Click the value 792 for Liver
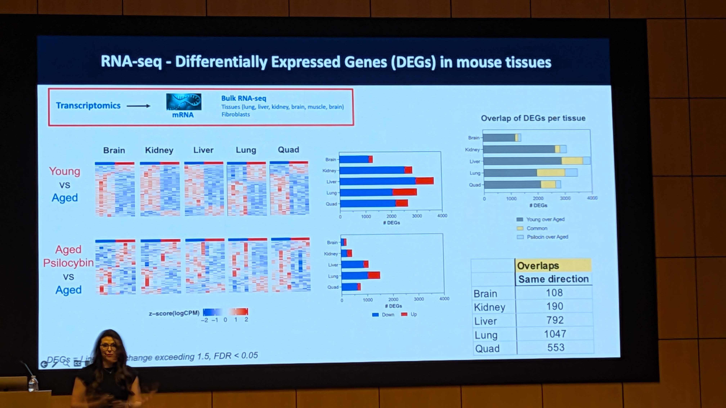555,320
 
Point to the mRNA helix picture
183,102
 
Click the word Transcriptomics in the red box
88,106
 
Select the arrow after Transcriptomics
138,106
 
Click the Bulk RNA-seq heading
243,98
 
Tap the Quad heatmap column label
288,150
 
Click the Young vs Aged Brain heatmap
115,189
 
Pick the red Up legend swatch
404,314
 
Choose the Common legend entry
537,228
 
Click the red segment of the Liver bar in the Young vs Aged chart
424,181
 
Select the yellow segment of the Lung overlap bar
550,173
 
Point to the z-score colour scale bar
225,312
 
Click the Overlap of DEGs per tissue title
533,118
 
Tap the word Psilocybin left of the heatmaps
68,263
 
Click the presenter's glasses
108,347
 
